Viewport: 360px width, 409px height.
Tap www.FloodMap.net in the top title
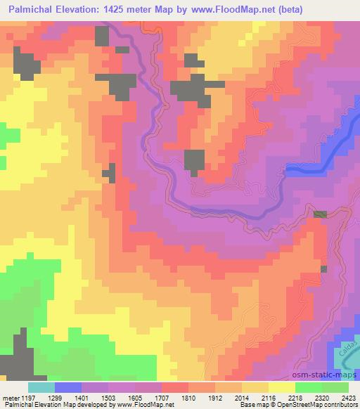245,10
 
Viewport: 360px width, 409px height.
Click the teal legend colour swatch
41,387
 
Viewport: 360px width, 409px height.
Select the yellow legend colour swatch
281,387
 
